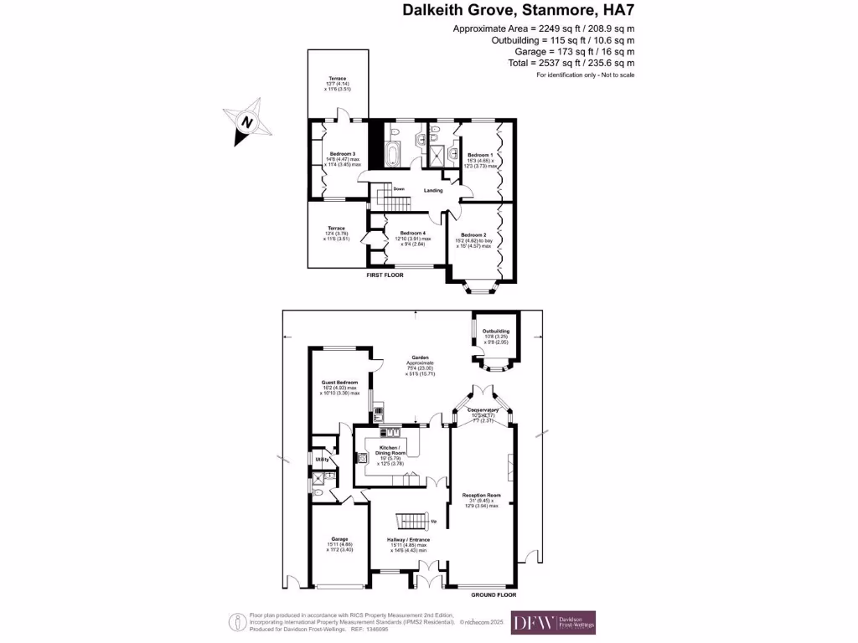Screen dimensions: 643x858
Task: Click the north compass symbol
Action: [x=246, y=121]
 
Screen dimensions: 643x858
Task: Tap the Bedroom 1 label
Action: [x=480, y=155]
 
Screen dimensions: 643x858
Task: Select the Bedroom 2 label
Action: [x=473, y=234]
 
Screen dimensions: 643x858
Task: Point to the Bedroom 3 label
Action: [x=342, y=154]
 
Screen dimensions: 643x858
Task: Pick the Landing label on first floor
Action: [x=433, y=191]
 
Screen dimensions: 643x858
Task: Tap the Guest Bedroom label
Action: [x=339, y=383]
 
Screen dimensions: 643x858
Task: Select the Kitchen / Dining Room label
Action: [x=390, y=449]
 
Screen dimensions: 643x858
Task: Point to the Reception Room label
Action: [x=481, y=496]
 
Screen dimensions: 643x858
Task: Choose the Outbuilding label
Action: [x=495, y=332]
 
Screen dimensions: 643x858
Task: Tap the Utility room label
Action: [x=321, y=460]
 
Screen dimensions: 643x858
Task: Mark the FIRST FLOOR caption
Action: [x=385, y=275]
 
